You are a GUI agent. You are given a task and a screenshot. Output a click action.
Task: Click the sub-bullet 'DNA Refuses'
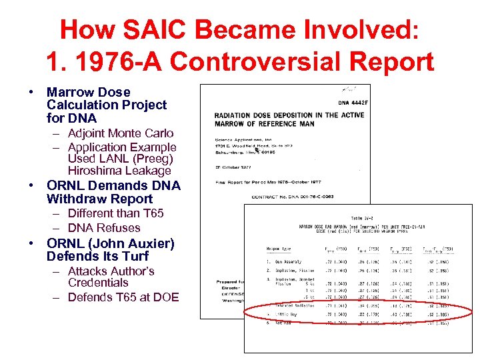coord(104,227)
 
